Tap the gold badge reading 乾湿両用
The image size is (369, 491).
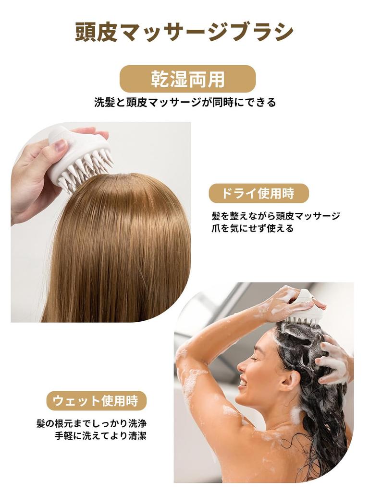point(187,79)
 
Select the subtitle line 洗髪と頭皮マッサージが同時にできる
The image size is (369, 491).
point(185,102)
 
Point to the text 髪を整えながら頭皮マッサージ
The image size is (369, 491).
point(276,216)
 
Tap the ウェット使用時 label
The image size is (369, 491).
point(96,401)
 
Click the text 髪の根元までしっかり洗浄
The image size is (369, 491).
point(91,423)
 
